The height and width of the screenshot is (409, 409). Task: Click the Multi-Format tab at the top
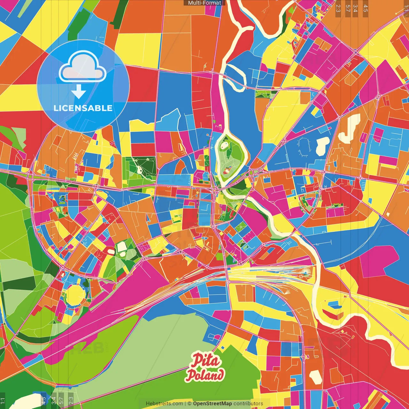(204, 3)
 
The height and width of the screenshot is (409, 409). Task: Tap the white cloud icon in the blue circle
(82, 68)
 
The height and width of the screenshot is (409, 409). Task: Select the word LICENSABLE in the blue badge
(83, 108)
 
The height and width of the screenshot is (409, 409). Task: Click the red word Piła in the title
(206, 361)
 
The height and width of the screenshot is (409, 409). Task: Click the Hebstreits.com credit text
(164, 404)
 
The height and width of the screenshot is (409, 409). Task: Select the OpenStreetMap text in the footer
(212, 404)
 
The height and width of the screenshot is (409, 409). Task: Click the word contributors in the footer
(248, 404)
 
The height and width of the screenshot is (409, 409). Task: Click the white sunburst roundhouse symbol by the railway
(303, 274)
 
